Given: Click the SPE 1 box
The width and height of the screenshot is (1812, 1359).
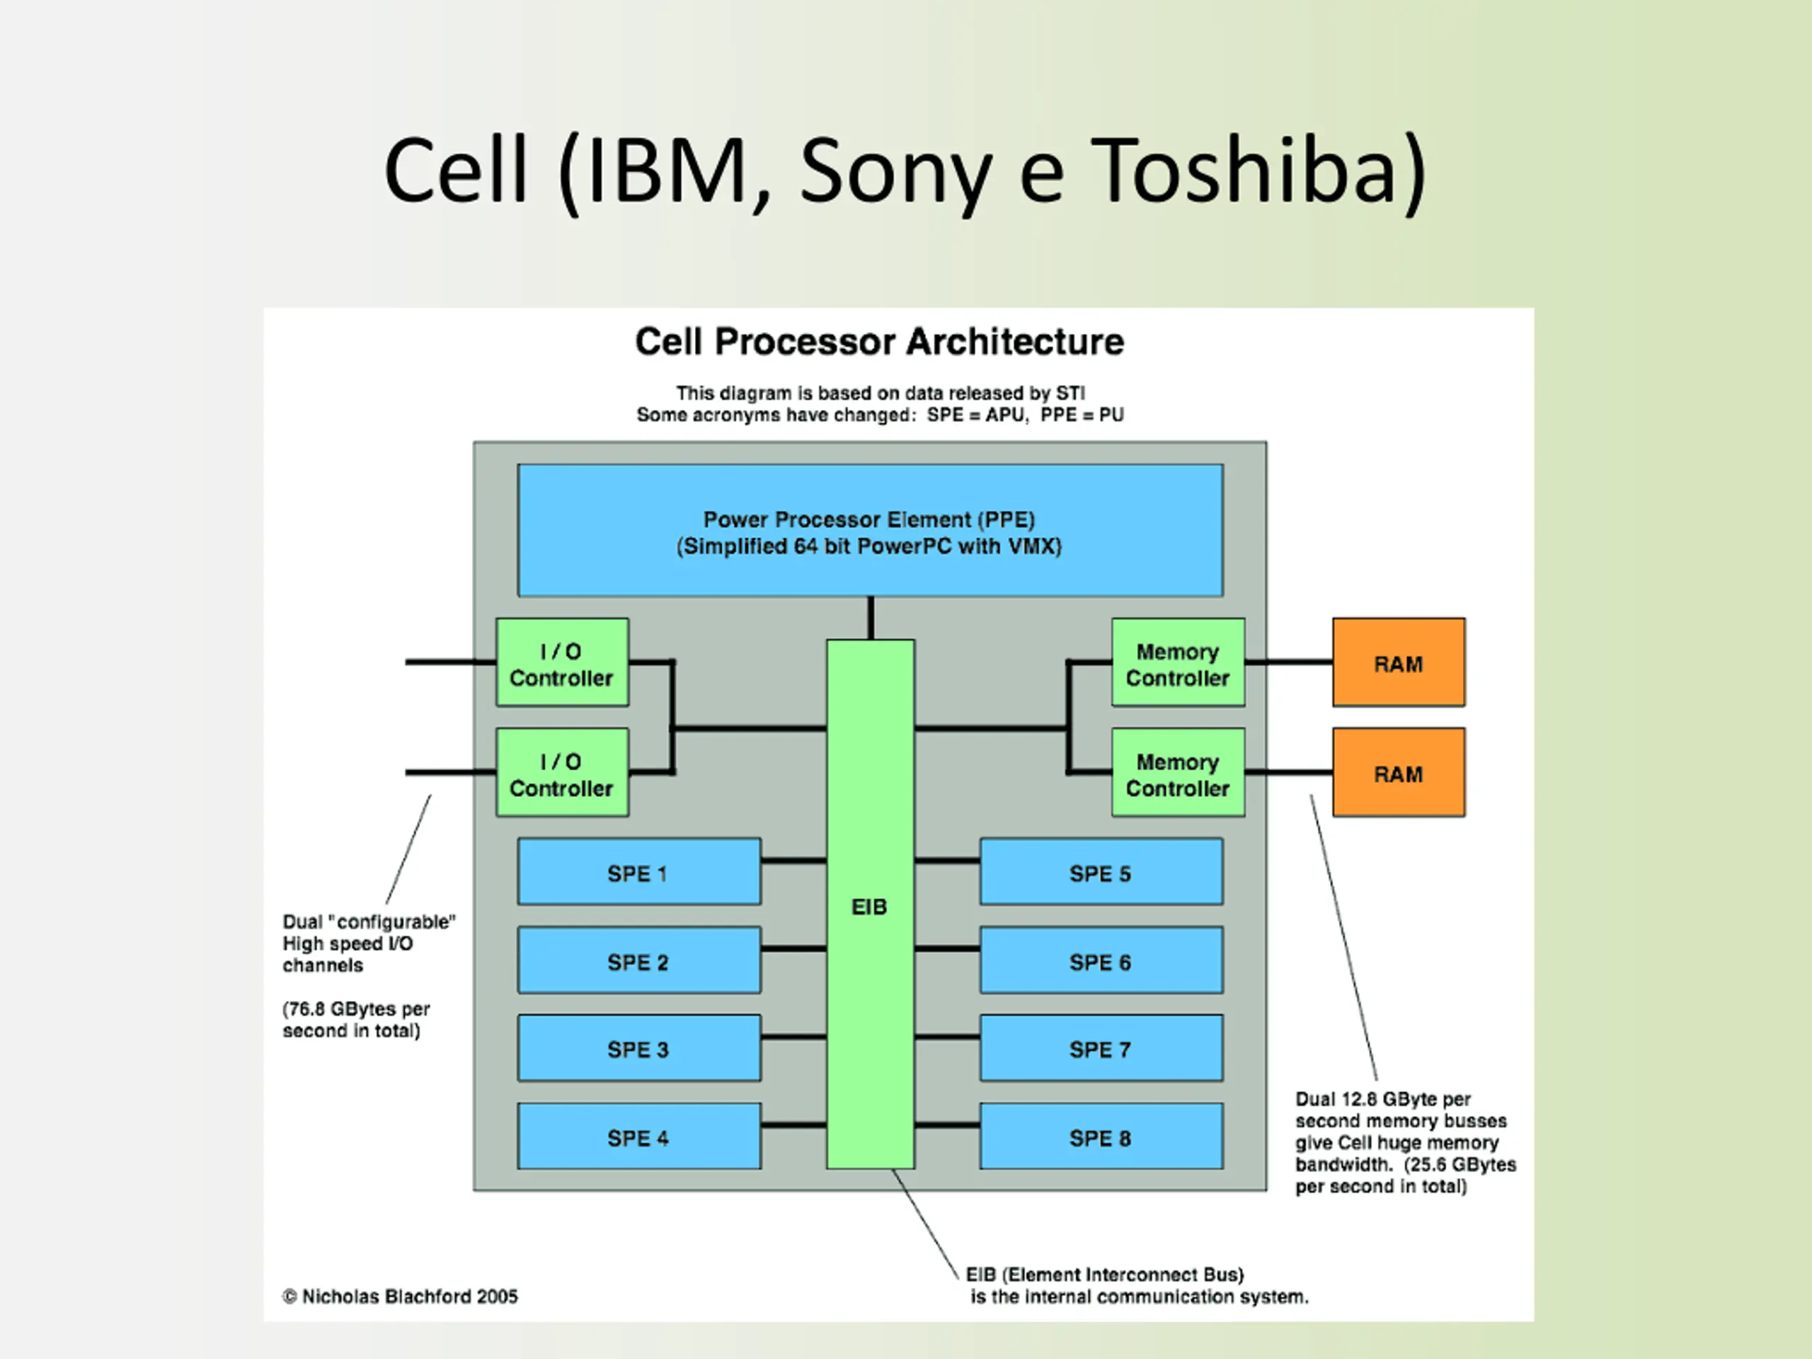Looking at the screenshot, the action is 639,871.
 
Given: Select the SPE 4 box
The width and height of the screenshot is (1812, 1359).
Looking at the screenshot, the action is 639,1136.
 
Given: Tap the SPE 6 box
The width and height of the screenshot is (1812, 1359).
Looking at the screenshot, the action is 1101,960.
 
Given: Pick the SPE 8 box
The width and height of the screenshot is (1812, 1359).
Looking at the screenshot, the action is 1101,1136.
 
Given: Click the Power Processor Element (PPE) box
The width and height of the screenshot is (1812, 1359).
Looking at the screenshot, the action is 870,531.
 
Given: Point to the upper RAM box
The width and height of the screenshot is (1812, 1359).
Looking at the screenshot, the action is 1399,663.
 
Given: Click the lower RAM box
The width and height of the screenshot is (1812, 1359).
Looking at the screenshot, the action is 1399,772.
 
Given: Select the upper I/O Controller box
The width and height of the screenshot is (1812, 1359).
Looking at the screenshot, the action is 562,663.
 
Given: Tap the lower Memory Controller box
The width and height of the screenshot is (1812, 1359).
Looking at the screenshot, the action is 1178,772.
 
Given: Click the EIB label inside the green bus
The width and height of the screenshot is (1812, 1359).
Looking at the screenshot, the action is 869,907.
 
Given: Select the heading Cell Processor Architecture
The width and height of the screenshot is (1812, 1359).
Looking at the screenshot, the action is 880,343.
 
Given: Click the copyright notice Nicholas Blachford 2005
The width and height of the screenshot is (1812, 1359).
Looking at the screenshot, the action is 401,1297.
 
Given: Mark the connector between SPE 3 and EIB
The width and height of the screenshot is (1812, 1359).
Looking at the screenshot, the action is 793,1037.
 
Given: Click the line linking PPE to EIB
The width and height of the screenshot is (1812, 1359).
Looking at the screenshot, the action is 871,619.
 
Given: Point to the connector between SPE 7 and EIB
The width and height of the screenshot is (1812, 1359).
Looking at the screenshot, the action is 947,1037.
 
